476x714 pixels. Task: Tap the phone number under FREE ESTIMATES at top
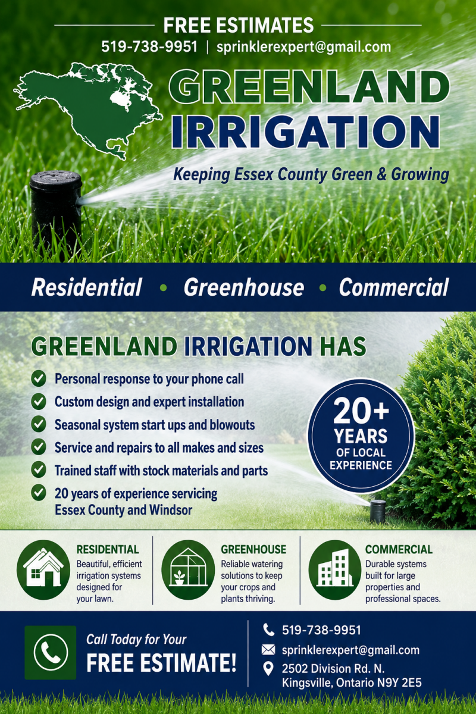click(149, 47)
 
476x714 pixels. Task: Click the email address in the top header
click(303, 47)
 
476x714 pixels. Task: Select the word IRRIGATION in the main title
click(305, 132)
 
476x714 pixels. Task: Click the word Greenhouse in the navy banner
click(244, 287)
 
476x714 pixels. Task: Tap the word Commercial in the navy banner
click(394, 287)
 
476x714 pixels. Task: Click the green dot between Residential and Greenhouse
click(163, 288)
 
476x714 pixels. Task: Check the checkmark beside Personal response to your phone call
click(39, 379)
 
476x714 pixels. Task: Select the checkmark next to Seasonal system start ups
click(39, 425)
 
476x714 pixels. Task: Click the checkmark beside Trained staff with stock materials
click(39, 470)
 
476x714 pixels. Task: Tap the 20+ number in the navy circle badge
click(361, 411)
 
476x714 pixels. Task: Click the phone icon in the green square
click(51, 653)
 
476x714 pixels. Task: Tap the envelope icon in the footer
click(268, 650)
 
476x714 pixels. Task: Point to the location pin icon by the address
click(268, 669)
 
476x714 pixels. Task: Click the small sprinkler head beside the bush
click(378, 511)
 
